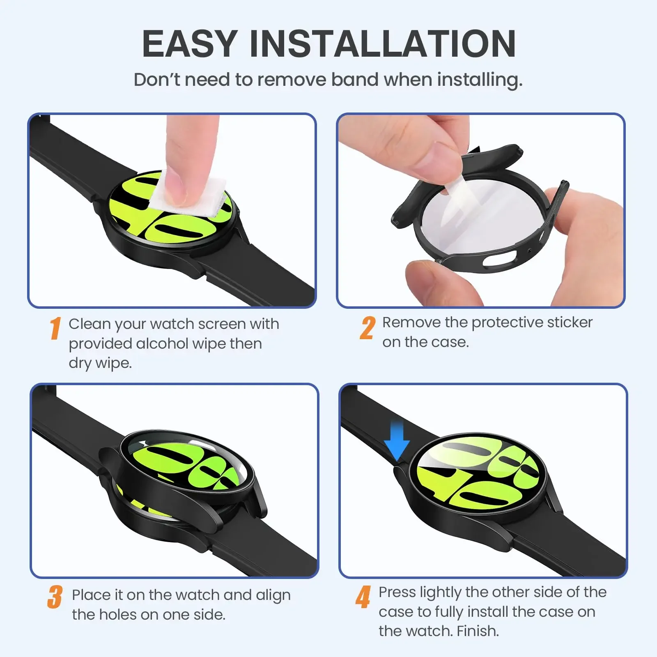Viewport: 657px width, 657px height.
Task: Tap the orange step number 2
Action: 368,328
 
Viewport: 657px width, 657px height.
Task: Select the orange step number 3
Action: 55,597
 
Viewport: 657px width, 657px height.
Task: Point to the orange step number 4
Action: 363,597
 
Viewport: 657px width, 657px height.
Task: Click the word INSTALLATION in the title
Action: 382,44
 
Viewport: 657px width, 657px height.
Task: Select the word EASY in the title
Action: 190,44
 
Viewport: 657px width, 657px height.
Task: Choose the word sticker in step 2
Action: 570,322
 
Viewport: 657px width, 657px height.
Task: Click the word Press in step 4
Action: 397,593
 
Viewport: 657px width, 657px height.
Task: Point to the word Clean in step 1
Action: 90,324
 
